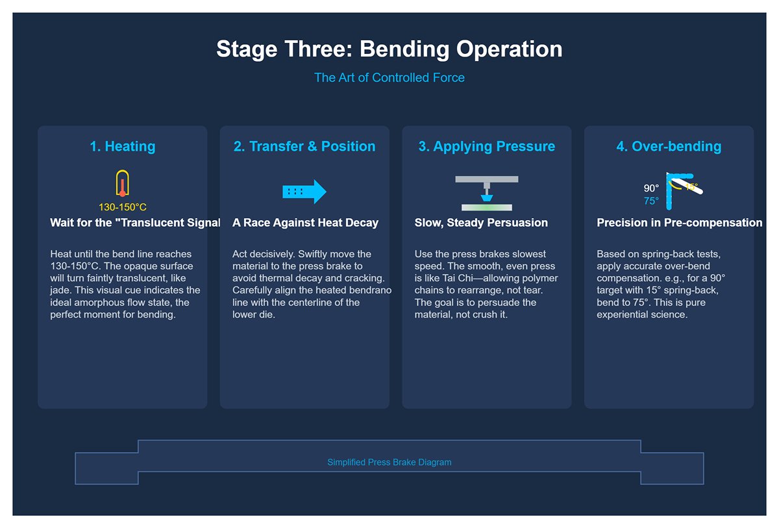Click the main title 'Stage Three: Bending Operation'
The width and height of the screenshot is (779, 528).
(x=389, y=49)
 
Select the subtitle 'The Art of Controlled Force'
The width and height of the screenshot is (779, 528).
(x=389, y=78)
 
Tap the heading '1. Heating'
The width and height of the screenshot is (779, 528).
(x=123, y=146)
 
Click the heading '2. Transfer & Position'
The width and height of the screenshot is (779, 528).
(x=304, y=146)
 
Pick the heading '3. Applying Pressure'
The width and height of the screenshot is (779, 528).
(x=486, y=146)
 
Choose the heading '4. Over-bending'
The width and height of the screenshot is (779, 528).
(x=669, y=146)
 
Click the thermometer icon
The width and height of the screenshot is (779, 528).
(x=122, y=184)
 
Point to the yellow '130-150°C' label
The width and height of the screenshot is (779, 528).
(x=123, y=208)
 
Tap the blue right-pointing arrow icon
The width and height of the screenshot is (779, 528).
(x=304, y=192)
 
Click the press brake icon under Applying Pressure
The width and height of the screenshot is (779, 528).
(x=486, y=193)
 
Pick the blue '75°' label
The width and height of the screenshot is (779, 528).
(x=651, y=201)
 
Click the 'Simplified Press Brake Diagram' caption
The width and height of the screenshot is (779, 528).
(x=389, y=462)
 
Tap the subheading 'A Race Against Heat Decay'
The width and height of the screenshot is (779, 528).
(x=305, y=223)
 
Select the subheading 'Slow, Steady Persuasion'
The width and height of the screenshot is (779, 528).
(x=481, y=223)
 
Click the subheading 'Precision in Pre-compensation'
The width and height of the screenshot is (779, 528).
(x=679, y=223)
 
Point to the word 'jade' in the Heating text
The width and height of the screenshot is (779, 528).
(x=60, y=290)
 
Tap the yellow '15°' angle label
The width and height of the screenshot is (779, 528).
(x=691, y=187)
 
